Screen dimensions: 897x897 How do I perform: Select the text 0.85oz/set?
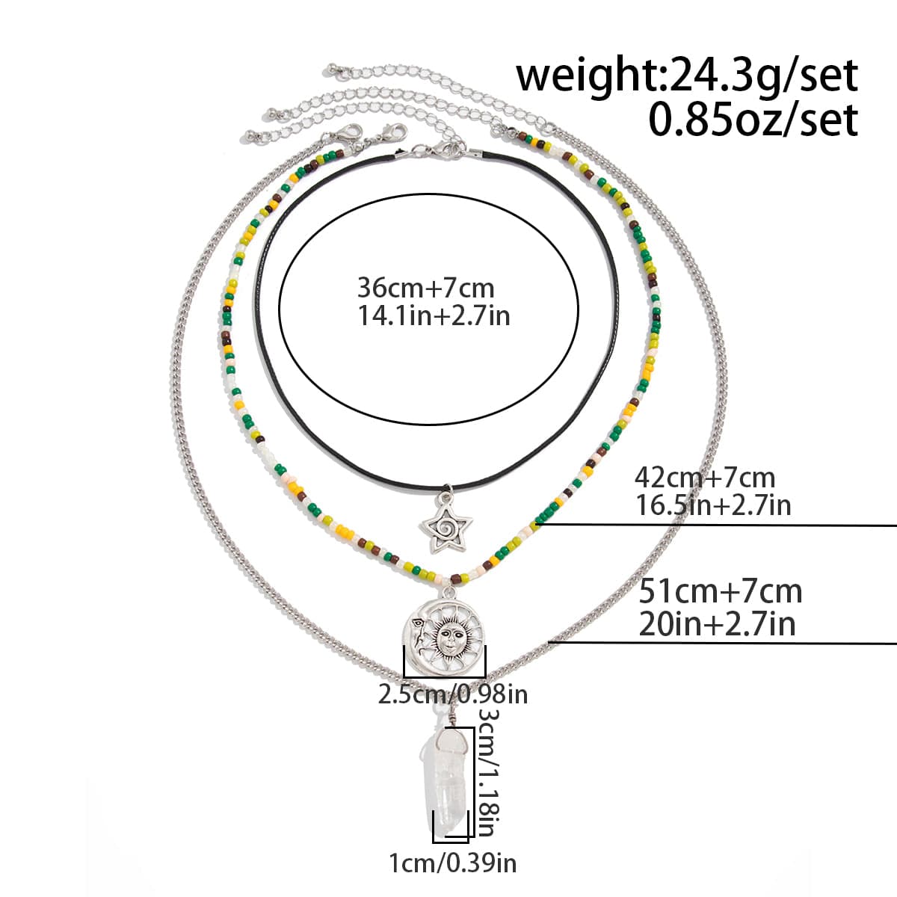pos(753,120)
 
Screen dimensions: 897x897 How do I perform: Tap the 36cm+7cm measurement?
pos(425,288)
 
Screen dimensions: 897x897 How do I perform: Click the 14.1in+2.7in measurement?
pos(434,316)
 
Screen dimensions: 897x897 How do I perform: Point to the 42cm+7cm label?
pos(705,478)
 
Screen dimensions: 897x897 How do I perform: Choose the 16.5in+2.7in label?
pos(712,505)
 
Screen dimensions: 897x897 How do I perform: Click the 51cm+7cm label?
pos(720,591)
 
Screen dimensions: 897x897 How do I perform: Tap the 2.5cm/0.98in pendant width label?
pos(452,695)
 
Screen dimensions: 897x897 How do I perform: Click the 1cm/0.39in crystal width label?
pos(452,863)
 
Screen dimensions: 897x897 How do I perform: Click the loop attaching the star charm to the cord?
pos(446,490)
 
